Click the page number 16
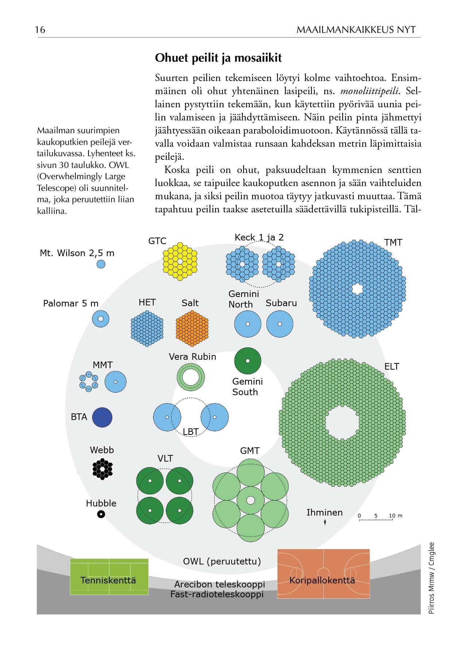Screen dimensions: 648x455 [40, 30]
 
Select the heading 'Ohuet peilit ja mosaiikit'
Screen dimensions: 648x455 [218, 58]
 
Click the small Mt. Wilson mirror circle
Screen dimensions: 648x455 [101, 264]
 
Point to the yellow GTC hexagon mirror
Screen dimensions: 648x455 [180, 261]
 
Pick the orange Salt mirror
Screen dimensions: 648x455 [192, 328]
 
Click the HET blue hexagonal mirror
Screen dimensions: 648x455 [147, 328]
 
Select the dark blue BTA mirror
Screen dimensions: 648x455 [102, 417]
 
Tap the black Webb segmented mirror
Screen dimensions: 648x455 [102, 469]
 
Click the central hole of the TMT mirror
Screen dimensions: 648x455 [357, 289]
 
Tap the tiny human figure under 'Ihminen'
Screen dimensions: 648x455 [325, 523]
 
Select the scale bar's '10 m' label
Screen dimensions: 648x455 [395, 516]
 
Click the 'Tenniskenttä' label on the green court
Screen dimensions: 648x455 [108, 580]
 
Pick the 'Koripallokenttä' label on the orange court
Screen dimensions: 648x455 [322, 580]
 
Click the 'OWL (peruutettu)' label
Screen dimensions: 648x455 [222, 561]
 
